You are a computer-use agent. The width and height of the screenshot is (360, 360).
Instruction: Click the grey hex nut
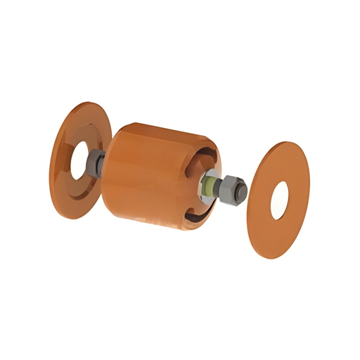(x=229, y=189)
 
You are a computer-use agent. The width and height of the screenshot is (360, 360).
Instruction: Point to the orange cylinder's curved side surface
(x=144, y=176)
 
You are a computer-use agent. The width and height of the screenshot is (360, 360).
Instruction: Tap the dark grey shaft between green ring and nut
(x=218, y=188)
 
